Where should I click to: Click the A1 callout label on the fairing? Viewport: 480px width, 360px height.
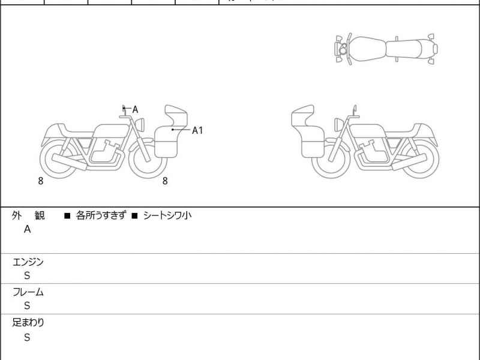click(x=197, y=130)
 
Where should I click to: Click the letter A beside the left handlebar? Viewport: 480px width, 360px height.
click(x=136, y=109)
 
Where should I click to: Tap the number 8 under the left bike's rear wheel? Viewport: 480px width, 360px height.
click(x=40, y=180)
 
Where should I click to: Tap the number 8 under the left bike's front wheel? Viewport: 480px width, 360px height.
click(x=165, y=180)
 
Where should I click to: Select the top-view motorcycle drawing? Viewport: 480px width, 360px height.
click(x=386, y=49)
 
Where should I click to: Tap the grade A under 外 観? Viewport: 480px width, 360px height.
click(x=27, y=229)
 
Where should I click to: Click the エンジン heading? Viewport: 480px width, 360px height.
click(x=28, y=262)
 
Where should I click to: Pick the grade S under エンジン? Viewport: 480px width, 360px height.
click(x=27, y=275)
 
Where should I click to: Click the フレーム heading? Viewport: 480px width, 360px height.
click(x=28, y=292)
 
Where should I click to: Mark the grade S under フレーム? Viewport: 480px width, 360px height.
click(x=27, y=305)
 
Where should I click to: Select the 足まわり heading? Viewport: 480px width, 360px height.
click(x=28, y=323)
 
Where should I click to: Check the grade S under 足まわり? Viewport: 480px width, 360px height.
click(x=27, y=337)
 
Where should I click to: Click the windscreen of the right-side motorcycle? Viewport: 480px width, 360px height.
click(x=303, y=113)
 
